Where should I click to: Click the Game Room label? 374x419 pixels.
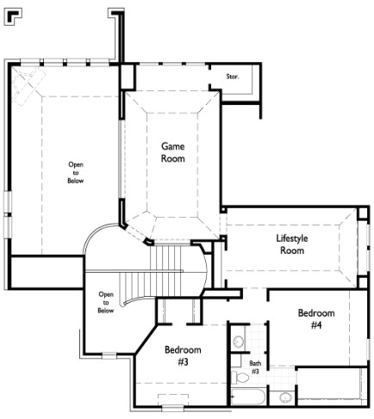(173, 152)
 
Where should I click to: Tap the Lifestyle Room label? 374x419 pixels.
(292, 244)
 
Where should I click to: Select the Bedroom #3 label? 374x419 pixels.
(183, 355)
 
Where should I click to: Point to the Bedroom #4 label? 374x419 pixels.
(316, 318)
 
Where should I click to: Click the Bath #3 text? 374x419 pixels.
(255, 367)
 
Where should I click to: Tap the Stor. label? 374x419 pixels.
(233, 77)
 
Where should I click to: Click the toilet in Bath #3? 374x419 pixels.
(240, 378)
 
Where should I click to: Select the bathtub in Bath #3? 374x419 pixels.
(248, 397)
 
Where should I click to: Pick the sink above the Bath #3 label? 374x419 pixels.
(239, 342)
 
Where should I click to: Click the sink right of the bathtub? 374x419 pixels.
(285, 397)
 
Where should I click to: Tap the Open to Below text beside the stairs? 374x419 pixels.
(106, 303)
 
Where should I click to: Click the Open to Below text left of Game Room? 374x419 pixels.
(76, 173)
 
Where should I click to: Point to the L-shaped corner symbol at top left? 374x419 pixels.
(13, 17)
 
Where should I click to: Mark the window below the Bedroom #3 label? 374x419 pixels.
(172, 407)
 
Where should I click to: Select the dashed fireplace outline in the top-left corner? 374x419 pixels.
(29, 85)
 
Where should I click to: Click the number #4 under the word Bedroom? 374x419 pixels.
(316, 325)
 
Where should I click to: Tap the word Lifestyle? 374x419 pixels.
(292, 238)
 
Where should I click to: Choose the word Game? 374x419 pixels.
(173, 146)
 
